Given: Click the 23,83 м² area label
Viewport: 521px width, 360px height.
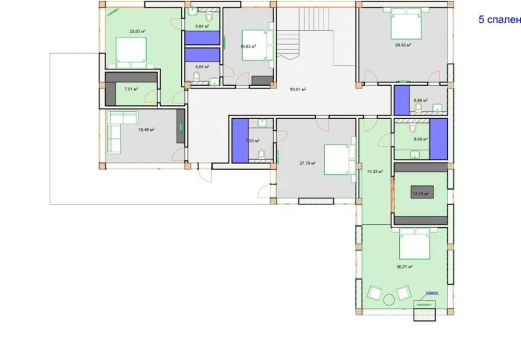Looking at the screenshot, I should pyautogui.click(x=137, y=31).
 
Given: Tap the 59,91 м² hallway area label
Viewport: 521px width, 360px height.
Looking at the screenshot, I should pyautogui.click(x=298, y=89).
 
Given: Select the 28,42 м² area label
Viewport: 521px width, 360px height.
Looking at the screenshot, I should pyautogui.click(x=403, y=45).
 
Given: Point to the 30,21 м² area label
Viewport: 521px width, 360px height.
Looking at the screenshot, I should pyautogui.click(x=405, y=266).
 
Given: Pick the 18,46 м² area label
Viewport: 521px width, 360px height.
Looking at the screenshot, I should pyautogui.click(x=146, y=130).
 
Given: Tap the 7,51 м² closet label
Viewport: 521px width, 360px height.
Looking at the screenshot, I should pyautogui.click(x=131, y=89).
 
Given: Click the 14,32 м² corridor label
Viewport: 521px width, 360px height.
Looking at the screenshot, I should pyautogui.click(x=375, y=171).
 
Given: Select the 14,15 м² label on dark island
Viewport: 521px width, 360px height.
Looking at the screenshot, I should pyautogui.click(x=421, y=194).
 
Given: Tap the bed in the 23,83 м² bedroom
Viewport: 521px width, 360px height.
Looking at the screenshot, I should pyautogui.click(x=131, y=49).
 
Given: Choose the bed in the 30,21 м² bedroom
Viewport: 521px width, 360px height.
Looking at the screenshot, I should pyautogui.click(x=414, y=243).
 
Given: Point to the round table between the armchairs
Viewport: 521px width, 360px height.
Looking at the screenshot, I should pyautogui.click(x=389, y=299).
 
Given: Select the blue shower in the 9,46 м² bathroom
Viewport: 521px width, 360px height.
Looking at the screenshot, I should pyautogui.click(x=438, y=139).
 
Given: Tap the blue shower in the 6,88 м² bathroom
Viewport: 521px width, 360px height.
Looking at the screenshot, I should pyautogui.click(x=402, y=100).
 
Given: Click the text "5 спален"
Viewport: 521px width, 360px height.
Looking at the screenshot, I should pyautogui.click(x=499, y=20).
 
